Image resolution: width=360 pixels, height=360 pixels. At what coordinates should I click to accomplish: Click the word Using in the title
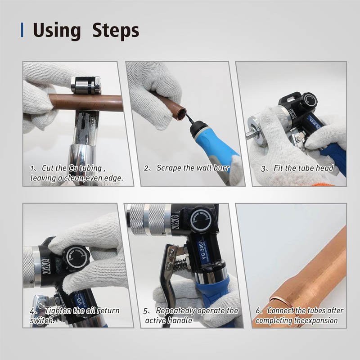point(56,31)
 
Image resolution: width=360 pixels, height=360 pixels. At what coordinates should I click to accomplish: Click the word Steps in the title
point(116,31)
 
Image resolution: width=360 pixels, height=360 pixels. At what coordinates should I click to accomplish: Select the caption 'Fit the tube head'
point(304,168)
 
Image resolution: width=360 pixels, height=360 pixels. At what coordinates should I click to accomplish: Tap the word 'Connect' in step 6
point(282,310)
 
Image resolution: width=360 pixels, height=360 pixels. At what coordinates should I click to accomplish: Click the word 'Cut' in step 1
point(48,168)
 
